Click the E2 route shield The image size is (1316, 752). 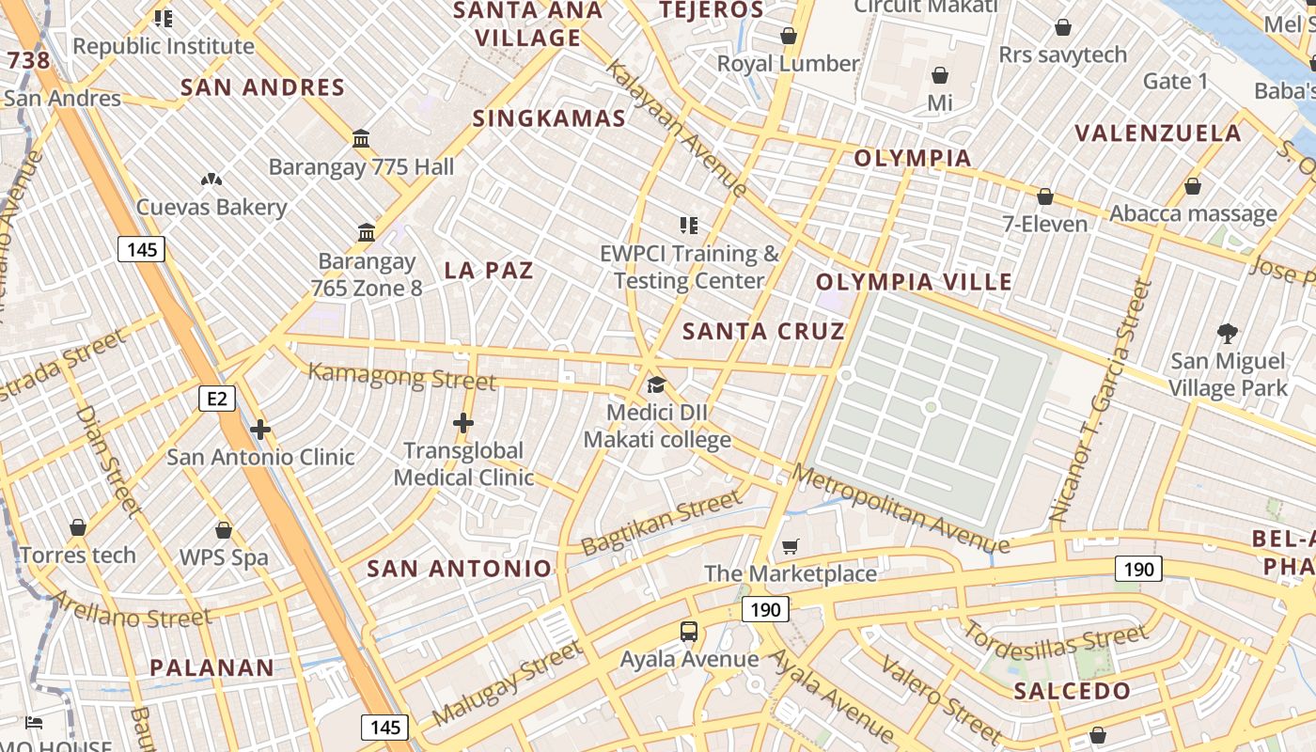click(217, 399)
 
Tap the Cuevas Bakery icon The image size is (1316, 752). click(211, 179)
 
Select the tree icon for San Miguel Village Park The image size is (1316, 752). click(1227, 332)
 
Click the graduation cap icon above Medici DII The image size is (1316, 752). click(656, 384)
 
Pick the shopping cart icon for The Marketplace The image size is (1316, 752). click(791, 546)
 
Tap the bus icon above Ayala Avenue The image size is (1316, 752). click(689, 631)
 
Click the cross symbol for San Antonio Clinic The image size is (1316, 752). click(260, 430)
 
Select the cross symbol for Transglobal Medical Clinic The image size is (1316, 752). click(463, 423)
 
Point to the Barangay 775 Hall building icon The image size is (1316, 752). click(361, 138)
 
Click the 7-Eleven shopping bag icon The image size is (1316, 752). click(1044, 196)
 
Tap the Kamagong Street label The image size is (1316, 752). click(401, 376)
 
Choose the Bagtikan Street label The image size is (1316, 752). click(661, 523)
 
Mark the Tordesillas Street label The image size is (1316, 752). click(1054, 645)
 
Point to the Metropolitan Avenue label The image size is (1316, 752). click(901, 508)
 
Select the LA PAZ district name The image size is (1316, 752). click(489, 271)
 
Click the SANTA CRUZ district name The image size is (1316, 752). click(763, 331)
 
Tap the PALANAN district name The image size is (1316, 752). click(212, 668)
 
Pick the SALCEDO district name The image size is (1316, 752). click(1073, 692)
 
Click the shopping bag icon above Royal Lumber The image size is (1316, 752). click(789, 36)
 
